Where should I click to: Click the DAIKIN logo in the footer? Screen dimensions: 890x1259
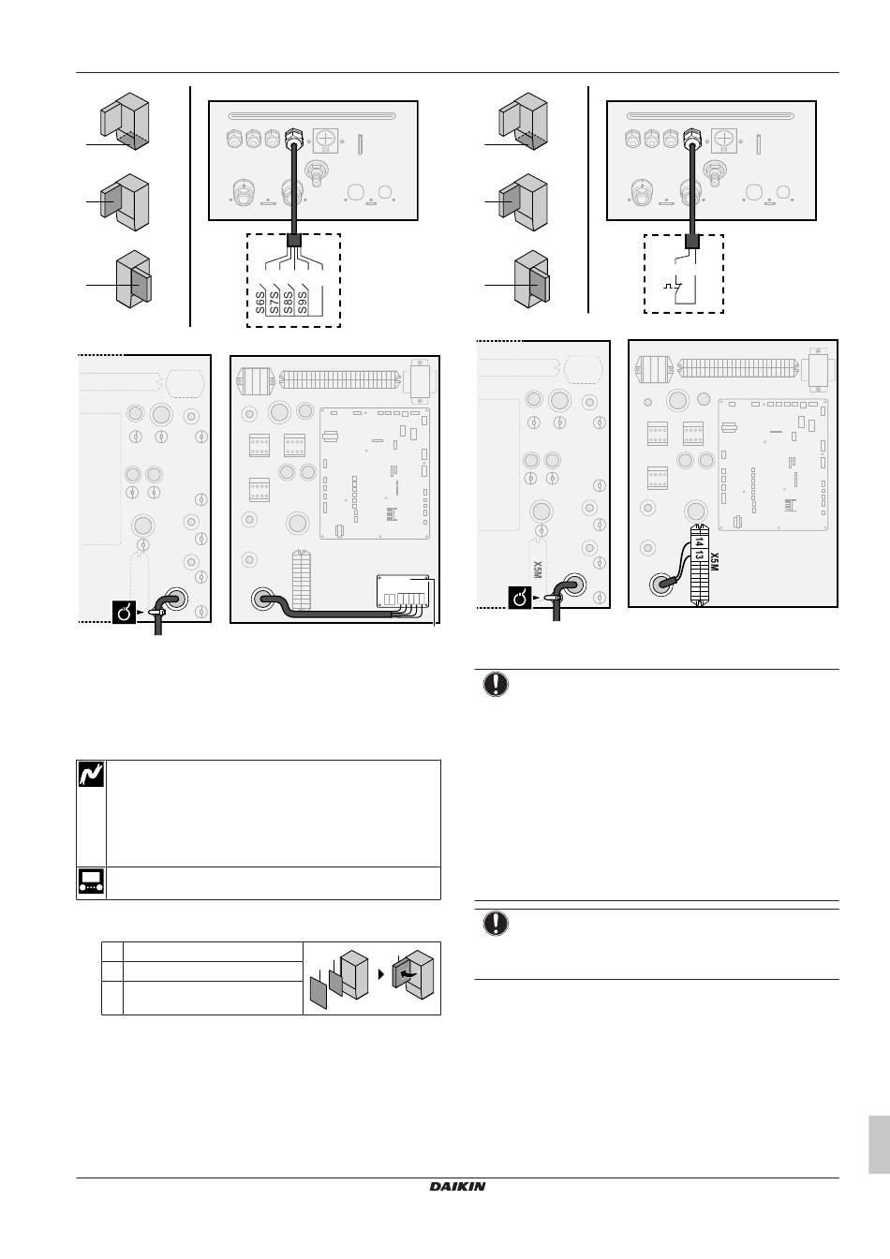click(457, 1186)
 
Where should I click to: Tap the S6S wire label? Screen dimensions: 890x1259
click(260, 303)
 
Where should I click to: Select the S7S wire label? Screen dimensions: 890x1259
click(274, 303)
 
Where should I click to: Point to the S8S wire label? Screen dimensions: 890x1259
click(288, 303)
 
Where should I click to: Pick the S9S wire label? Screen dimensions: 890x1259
click(302, 303)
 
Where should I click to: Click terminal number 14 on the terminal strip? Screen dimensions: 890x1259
click(698, 541)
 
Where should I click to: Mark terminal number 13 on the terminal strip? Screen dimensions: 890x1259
click(698, 555)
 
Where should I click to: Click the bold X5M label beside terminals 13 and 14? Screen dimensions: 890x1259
click(714, 561)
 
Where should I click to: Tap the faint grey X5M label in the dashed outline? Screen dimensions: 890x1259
click(538, 570)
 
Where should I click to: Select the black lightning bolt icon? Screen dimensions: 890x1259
click(91, 774)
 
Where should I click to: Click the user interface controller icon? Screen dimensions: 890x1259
click(91, 882)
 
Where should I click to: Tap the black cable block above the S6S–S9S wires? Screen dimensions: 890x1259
click(294, 241)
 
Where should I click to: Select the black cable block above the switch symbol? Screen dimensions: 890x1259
click(692, 242)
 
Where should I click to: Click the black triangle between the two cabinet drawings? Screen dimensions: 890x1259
click(381, 974)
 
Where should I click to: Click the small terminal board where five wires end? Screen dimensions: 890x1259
click(403, 591)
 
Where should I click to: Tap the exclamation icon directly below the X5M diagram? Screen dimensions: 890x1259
click(496, 684)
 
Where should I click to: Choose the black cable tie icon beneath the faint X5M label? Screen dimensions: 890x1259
click(520, 598)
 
